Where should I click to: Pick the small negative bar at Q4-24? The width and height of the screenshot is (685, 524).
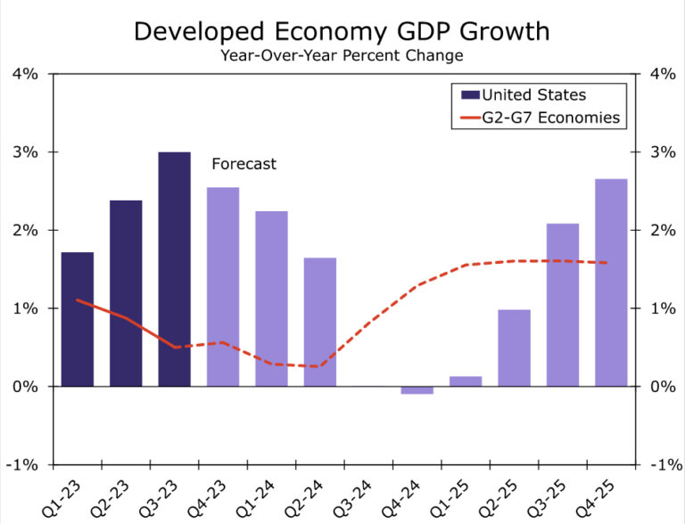[x=417, y=390]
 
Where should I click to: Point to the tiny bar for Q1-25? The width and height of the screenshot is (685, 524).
[x=466, y=381]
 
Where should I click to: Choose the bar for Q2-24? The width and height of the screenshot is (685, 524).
[x=320, y=322]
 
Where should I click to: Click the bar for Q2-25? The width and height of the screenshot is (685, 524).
[x=514, y=348]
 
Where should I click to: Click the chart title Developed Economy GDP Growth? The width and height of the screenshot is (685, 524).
[x=342, y=32]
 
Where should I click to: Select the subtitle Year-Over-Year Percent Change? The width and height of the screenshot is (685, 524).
[x=342, y=55]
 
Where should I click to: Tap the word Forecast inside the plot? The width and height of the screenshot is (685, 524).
[x=243, y=164]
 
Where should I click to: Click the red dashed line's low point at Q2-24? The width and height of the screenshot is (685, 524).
[x=320, y=366]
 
